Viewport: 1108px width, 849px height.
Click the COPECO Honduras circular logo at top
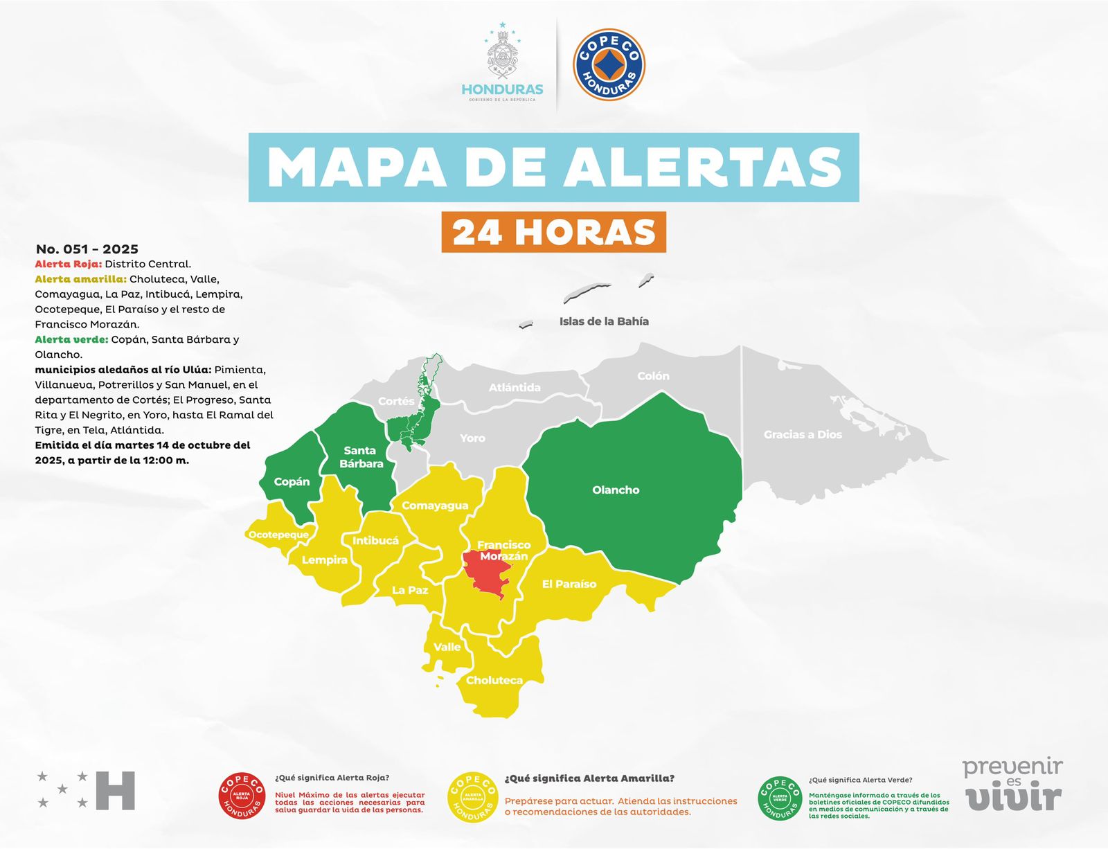click(x=609, y=64)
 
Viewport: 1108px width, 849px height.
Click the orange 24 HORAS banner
click(x=553, y=232)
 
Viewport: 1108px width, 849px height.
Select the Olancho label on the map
click(x=616, y=490)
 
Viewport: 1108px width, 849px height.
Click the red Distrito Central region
click(x=490, y=573)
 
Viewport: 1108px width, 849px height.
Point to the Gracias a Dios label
click(x=803, y=434)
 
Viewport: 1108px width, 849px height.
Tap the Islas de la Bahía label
click(x=604, y=321)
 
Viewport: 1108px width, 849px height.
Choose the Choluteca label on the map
click(x=494, y=680)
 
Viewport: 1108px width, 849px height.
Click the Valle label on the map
click(x=447, y=647)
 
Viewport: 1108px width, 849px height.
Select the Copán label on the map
click(x=292, y=481)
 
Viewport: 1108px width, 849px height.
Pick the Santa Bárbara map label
click(x=361, y=457)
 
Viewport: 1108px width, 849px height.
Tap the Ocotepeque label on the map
click(x=278, y=535)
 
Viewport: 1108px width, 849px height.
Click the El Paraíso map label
click(x=569, y=584)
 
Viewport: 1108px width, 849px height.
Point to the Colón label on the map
click(x=653, y=376)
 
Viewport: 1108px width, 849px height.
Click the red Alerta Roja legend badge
click(x=242, y=796)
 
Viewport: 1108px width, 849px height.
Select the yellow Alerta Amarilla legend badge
click(x=473, y=797)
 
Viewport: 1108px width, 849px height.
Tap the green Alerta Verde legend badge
click(x=780, y=798)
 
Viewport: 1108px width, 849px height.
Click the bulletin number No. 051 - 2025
click(x=87, y=249)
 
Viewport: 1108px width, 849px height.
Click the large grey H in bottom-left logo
click(x=115, y=790)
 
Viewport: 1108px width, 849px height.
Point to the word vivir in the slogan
click(x=1014, y=798)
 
